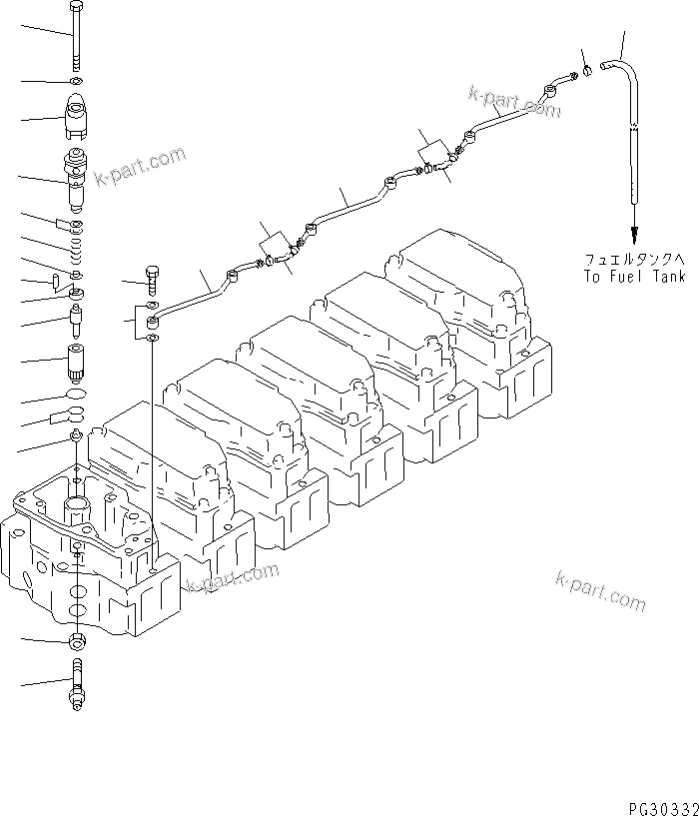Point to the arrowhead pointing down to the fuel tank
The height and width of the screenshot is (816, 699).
click(633, 225)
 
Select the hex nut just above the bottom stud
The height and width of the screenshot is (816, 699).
click(78, 640)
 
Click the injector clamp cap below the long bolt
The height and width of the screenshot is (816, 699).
click(78, 117)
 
